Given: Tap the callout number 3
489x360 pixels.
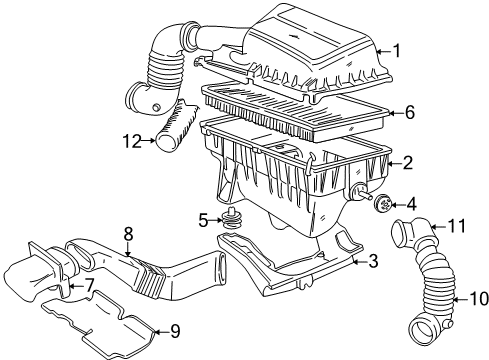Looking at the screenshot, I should pos(372,262).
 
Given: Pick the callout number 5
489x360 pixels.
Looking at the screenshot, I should pos(202,219).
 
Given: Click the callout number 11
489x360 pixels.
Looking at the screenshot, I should pos(456,227).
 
